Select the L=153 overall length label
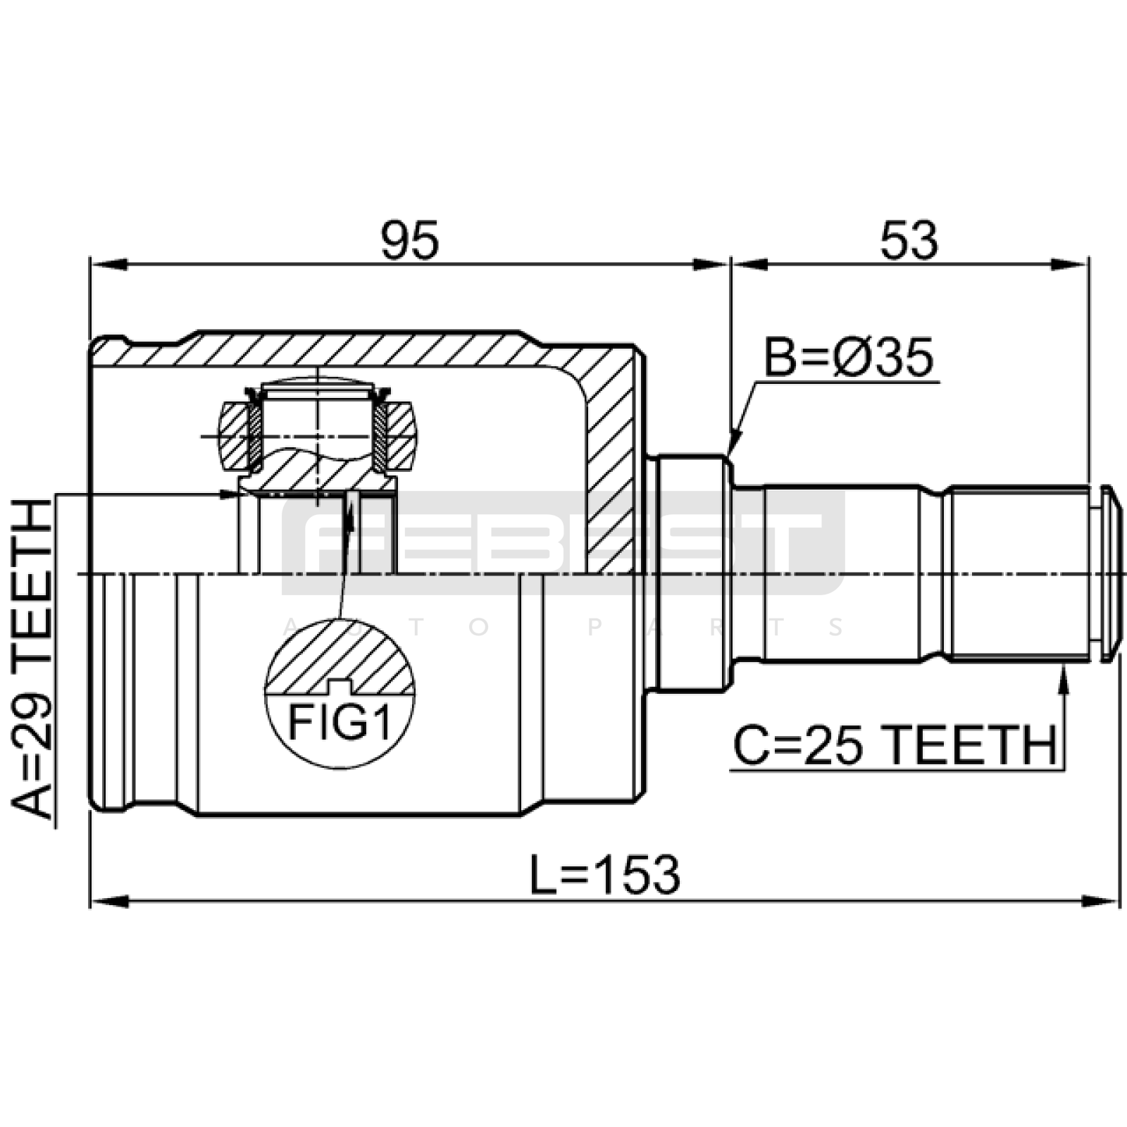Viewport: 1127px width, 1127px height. pos(605,876)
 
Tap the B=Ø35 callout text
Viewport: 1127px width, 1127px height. pos(849,357)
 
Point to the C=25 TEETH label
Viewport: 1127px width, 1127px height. pos(895,745)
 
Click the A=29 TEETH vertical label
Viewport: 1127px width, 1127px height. pos(32,659)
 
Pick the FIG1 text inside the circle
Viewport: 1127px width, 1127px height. pos(340,723)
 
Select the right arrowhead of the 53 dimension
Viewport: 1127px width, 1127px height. pos(1070,265)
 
